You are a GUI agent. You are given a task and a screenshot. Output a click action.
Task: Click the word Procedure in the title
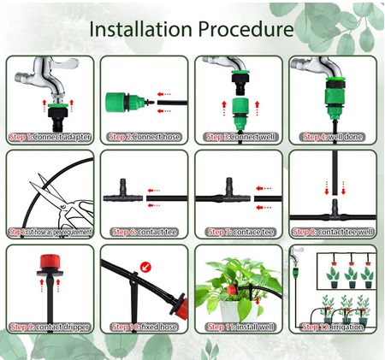pyautogui.click(x=241, y=29)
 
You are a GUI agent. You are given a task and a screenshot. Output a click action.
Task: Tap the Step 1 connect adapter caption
pyautogui.click(x=49, y=136)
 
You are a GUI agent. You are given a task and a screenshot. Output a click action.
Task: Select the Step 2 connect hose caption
pyautogui.click(x=143, y=136)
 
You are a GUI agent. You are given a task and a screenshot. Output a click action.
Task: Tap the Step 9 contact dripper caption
pyautogui.click(x=49, y=326)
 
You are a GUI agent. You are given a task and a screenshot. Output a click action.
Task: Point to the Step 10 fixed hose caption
pyautogui.click(x=143, y=326)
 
